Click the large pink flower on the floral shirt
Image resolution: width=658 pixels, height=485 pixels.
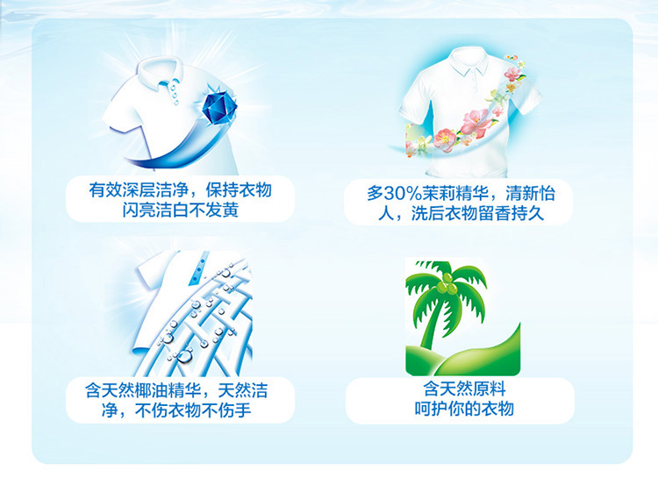[x=476, y=121]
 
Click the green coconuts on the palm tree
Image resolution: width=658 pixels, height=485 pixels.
[x=446, y=285]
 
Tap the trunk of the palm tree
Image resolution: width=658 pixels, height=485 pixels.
[x=433, y=322]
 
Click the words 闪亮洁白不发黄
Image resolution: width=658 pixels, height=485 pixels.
[x=181, y=210]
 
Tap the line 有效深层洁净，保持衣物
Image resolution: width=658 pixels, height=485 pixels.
[x=181, y=190]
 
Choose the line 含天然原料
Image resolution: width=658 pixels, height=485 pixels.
[x=464, y=389]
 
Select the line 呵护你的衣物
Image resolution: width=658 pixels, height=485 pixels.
[x=464, y=408]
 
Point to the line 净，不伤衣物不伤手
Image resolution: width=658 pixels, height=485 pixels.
[x=176, y=410]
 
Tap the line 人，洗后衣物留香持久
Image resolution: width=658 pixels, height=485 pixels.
[x=461, y=213]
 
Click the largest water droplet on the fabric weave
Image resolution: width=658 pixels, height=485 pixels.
[x=184, y=357]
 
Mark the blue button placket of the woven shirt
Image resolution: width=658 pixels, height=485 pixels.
[x=199, y=268]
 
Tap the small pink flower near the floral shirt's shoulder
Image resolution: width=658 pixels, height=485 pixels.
[x=512, y=75]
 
